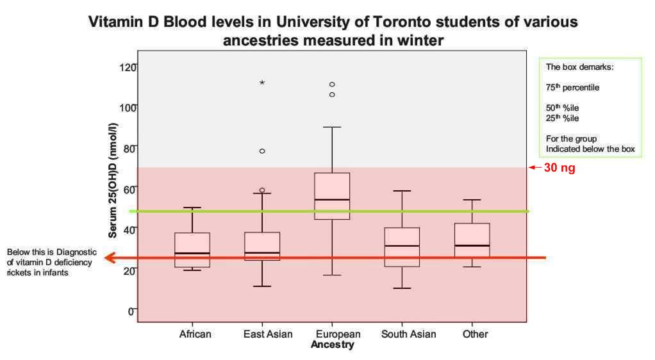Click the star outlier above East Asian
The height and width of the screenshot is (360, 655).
262,83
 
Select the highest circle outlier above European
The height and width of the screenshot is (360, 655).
332,85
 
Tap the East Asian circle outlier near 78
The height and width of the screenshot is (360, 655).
262,151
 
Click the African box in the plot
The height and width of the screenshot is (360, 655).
192,250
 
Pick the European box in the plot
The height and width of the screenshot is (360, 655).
332,196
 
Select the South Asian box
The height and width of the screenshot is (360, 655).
402,247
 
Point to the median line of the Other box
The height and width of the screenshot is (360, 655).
472,245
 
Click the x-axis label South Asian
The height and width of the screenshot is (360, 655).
408,334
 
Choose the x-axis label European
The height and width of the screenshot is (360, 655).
338,334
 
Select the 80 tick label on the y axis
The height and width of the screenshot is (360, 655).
130,148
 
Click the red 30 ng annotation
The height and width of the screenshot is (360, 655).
560,168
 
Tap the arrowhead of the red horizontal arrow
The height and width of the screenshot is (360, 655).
110,258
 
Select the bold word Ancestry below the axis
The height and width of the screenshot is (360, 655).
332,345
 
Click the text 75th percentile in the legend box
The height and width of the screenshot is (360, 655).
572,88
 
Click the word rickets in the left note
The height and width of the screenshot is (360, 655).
20,272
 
